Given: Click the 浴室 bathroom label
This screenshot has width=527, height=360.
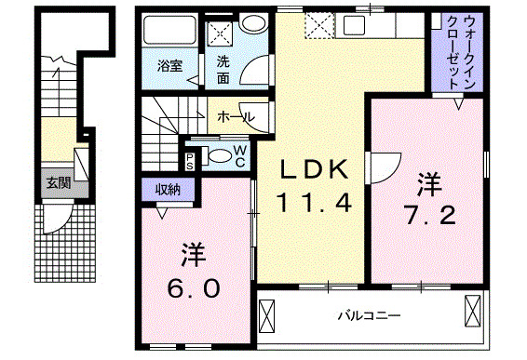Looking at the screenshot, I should click(169, 66).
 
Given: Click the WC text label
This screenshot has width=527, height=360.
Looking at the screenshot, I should click(240, 155).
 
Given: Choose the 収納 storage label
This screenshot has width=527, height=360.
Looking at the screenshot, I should click(168, 189).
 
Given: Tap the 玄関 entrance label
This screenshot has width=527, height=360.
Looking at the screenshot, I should click(58, 183).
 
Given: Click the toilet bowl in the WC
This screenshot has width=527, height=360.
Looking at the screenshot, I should click(218, 156).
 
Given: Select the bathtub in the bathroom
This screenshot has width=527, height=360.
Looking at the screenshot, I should click(170, 32).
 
